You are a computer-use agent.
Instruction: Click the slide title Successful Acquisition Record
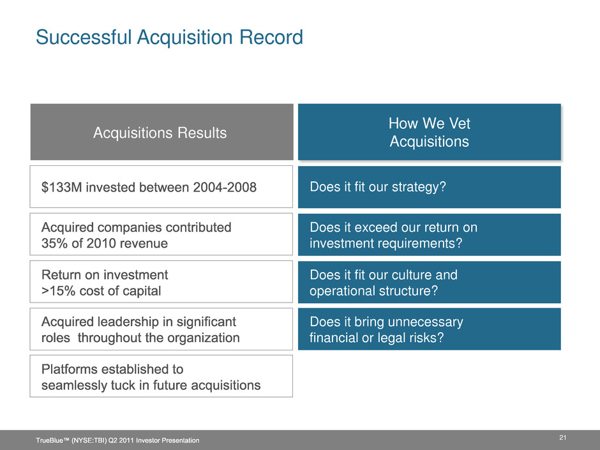169,38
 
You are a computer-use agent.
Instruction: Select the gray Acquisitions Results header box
162,131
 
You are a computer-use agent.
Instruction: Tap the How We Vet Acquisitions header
430,131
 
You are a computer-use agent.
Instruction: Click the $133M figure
62,187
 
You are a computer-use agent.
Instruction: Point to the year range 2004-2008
225,187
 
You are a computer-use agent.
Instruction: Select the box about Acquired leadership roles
161,329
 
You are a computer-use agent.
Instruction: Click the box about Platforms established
161,376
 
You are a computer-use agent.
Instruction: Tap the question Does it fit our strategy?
378,187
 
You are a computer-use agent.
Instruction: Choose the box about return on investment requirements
430,234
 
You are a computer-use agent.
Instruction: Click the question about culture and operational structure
384,283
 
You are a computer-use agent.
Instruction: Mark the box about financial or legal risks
430,329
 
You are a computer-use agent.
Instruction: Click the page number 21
562,438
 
